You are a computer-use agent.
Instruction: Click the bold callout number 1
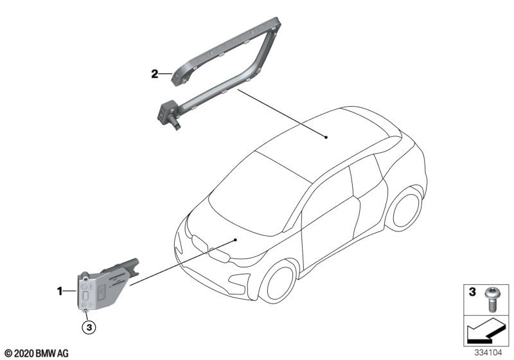click(60, 291)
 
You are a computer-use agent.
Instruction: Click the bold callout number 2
click(154, 74)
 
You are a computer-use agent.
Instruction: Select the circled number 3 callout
click(89, 327)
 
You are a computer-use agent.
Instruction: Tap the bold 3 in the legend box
click(472, 292)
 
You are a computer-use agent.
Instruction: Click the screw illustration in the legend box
click(491, 300)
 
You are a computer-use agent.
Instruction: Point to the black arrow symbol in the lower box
click(483, 332)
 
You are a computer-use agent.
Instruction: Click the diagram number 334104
click(488, 353)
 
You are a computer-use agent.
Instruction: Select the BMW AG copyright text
click(37, 354)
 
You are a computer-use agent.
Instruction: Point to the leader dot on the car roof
click(326, 138)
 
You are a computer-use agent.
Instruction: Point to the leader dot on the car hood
click(235, 240)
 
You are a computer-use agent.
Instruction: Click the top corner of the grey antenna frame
click(277, 20)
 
